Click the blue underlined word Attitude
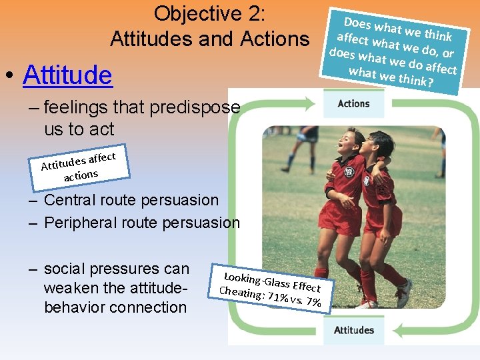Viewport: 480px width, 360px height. pyautogui.click(x=67, y=75)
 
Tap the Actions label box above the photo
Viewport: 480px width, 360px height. pyautogui.click(x=353, y=103)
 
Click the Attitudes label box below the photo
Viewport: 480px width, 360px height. pyautogui.click(x=353, y=330)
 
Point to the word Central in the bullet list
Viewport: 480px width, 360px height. pyautogui.click(x=69, y=200)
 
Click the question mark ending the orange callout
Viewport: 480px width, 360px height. pyautogui.click(x=430, y=83)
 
